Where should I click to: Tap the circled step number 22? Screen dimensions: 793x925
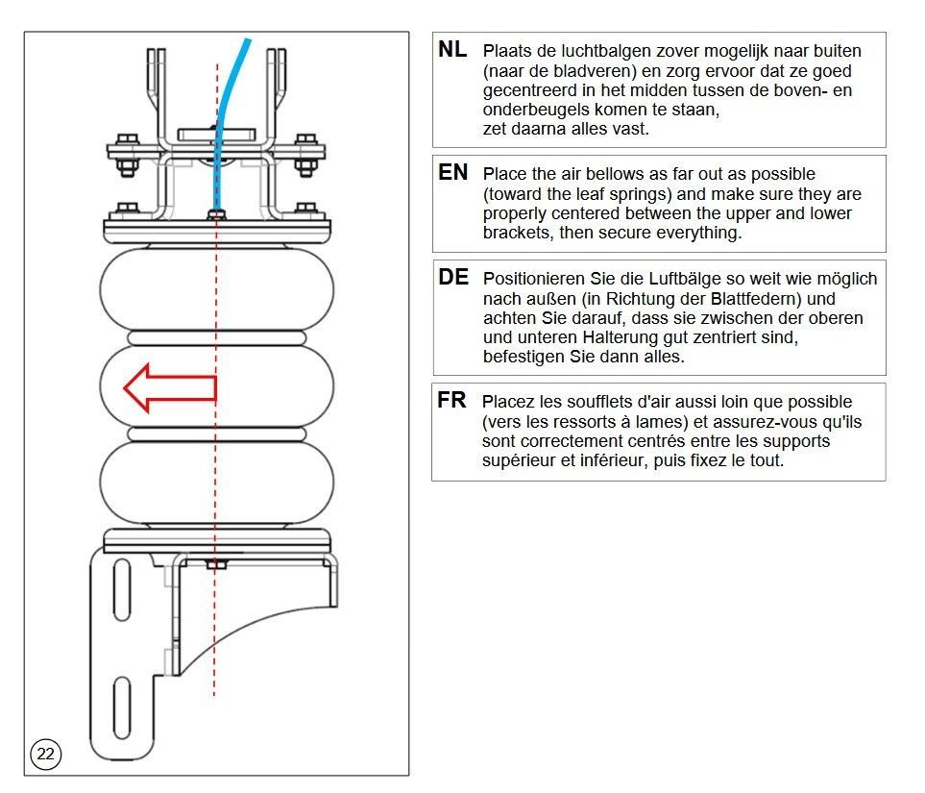point(46,755)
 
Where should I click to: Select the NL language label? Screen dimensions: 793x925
point(453,50)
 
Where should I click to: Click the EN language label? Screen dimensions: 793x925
point(453,173)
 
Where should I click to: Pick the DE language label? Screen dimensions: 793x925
point(453,278)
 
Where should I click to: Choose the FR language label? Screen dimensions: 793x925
point(452,401)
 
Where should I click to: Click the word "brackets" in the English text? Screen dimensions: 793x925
point(516,233)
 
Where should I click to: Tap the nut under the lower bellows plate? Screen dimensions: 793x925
point(217,564)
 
